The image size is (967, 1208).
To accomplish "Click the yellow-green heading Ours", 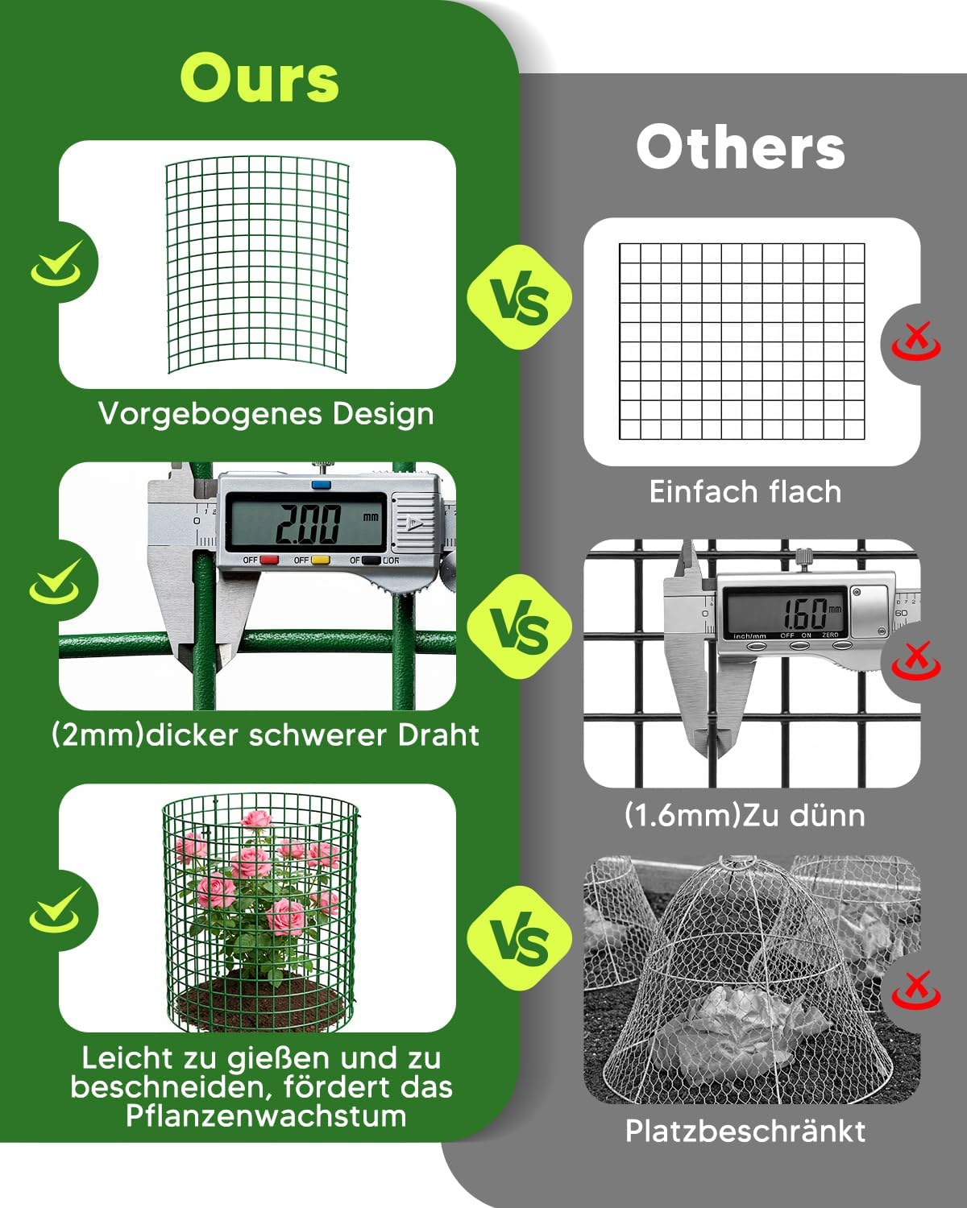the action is pyautogui.click(x=259, y=78).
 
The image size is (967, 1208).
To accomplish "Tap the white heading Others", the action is pyautogui.click(x=741, y=147).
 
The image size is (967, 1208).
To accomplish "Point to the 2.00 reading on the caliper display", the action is pyautogui.click(x=307, y=523).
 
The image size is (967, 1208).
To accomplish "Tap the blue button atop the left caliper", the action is pyautogui.click(x=321, y=484).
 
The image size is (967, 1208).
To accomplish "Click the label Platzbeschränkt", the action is pyautogui.click(x=745, y=1131).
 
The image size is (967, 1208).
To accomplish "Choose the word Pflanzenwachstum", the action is pyautogui.click(x=266, y=1116).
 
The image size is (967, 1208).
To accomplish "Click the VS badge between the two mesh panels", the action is pyautogui.click(x=520, y=297).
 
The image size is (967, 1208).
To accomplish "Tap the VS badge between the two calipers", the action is pyautogui.click(x=520, y=627).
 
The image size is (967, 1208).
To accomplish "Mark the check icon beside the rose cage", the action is pyautogui.click(x=55, y=911).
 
